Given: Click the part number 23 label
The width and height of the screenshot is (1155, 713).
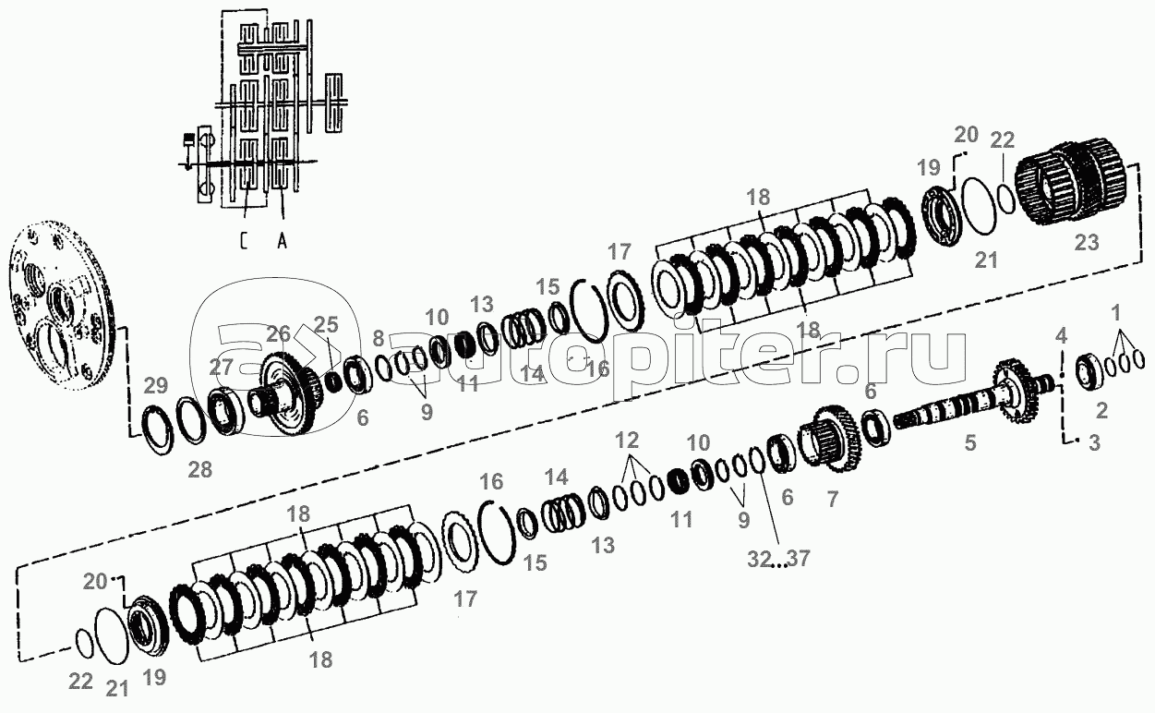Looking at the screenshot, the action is [1087, 242].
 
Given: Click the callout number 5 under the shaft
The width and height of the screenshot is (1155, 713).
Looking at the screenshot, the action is [970, 442].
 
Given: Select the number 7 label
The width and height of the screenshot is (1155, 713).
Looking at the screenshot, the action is [833, 499].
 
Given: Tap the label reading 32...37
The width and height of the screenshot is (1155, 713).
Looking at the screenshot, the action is [778, 559].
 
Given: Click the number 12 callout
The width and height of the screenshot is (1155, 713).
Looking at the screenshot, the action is [627, 440].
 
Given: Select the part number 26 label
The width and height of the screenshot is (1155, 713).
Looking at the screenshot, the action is [279, 333].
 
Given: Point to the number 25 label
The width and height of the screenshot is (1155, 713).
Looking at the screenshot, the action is [326, 324].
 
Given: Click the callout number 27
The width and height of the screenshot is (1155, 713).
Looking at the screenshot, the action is [222, 367].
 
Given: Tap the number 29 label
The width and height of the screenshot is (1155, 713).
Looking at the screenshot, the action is [156, 385].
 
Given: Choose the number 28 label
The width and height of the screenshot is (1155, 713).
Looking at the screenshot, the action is [200, 469].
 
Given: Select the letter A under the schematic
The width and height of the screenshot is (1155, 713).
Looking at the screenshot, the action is [282, 241].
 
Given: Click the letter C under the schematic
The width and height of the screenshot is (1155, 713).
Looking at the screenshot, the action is [244, 241].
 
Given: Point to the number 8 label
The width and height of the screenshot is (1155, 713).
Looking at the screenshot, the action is [378, 338].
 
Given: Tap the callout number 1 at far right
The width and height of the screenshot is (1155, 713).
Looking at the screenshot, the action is [1115, 313].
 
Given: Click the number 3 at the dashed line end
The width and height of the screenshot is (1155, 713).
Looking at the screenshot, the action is [1094, 442].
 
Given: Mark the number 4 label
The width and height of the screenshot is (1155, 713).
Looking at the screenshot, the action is [1061, 336].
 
